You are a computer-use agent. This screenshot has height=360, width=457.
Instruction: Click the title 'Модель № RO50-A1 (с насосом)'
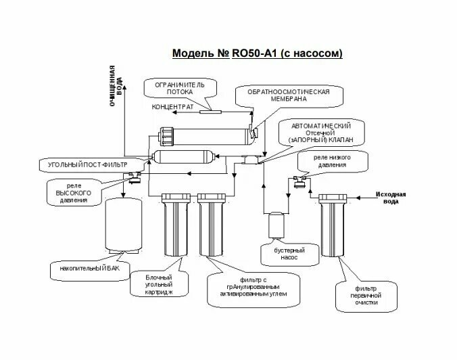tap(258, 53)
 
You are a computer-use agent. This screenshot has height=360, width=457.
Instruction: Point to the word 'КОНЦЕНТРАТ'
tap(172, 107)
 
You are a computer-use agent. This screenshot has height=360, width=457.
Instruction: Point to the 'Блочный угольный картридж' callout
tap(160, 284)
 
